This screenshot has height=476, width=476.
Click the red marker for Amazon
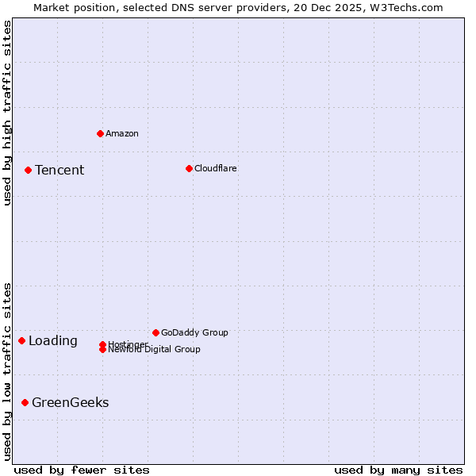click(x=100, y=133)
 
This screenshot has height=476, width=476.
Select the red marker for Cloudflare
click(x=189, y=168)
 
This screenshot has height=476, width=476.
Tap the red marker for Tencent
click(x=28, y=170)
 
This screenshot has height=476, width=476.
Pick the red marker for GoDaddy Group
click(x=155, y=332)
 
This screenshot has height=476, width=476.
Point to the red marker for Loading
click(x=21, y=340)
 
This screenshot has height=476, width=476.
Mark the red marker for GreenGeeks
click(x=25, y=402)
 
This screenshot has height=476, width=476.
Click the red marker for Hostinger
click(x=102, y=344)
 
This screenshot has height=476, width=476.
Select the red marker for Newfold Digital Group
click(x=102, y=349)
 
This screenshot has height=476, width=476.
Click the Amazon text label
click(x=122, y=133)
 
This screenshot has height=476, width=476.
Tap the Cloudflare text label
click(x=216, y=168)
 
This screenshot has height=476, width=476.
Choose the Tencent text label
click(x=59, y=170)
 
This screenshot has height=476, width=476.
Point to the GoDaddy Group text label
click(x=194, y=332)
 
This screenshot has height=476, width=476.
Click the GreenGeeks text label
click(x=71, y=402)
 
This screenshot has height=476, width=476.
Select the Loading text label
click(x=53, y=341)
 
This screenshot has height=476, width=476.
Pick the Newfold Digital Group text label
click(x=155, y=350)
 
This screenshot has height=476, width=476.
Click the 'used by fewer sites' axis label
click(x=82, y=470)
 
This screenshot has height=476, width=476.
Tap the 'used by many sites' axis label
click(x=398, y=470)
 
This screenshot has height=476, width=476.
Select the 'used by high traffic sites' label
click(x=7, y=113)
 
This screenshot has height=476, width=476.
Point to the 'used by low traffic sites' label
click(x=7, y=371)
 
